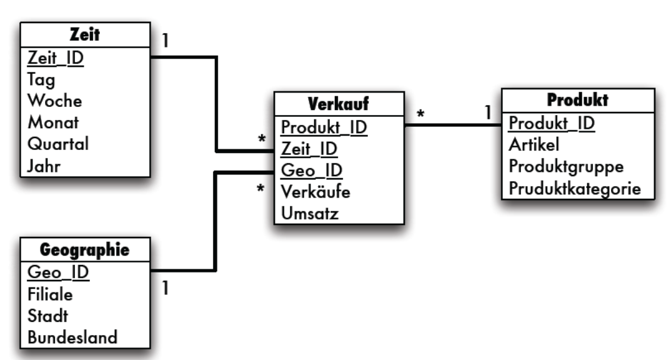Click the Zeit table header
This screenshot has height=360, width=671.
tap(85, 35)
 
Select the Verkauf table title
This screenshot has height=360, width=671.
tap(339, 104)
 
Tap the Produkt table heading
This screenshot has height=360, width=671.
tap(577, 100)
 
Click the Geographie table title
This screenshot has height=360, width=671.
tap(85, 250)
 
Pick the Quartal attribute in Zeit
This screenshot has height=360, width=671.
tap(58, 144)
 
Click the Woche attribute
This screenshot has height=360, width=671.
tap(54, 101)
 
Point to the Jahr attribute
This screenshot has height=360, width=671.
tap(44, 166)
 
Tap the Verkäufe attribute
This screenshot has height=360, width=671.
tap(316, 192)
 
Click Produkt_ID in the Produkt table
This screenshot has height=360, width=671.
tap(552, 123)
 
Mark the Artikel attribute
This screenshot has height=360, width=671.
tap(534, 145)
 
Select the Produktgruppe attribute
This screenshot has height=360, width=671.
tap(566, 167)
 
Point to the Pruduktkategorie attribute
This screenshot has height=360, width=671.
tap(575, 188)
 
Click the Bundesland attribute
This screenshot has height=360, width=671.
tap(72, 337)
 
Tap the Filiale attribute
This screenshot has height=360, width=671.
tap(50, 294)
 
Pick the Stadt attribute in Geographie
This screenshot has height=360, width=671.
tap(47, 316)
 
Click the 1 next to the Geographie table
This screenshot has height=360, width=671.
tap(165, 289)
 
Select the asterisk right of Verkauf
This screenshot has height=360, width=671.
tap(421, 114)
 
